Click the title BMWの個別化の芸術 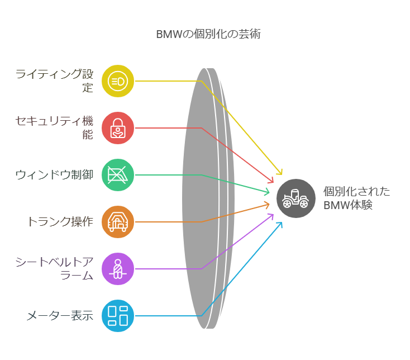click(x=208, y=34)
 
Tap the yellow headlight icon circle click(x=118, y=81)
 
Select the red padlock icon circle click(x=118, y=128)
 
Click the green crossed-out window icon click(x=118, y=175)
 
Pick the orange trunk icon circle click(x=118, y=222)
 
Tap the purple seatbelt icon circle click(x=118, y=269)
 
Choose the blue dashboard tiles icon click(x=118, y=316)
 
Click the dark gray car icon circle click(x=296, y=198)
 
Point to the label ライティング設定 click(x=54, y=81)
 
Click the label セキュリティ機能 click(x=54, y=128)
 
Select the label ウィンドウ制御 click(x=54, y=175)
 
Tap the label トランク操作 click(x=60, y=222)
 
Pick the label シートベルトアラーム click(x=54, y=269)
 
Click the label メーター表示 click(x=60, y=316)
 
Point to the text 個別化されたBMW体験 click(x=357, y=198)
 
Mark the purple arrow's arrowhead click(x=271, y=216)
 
